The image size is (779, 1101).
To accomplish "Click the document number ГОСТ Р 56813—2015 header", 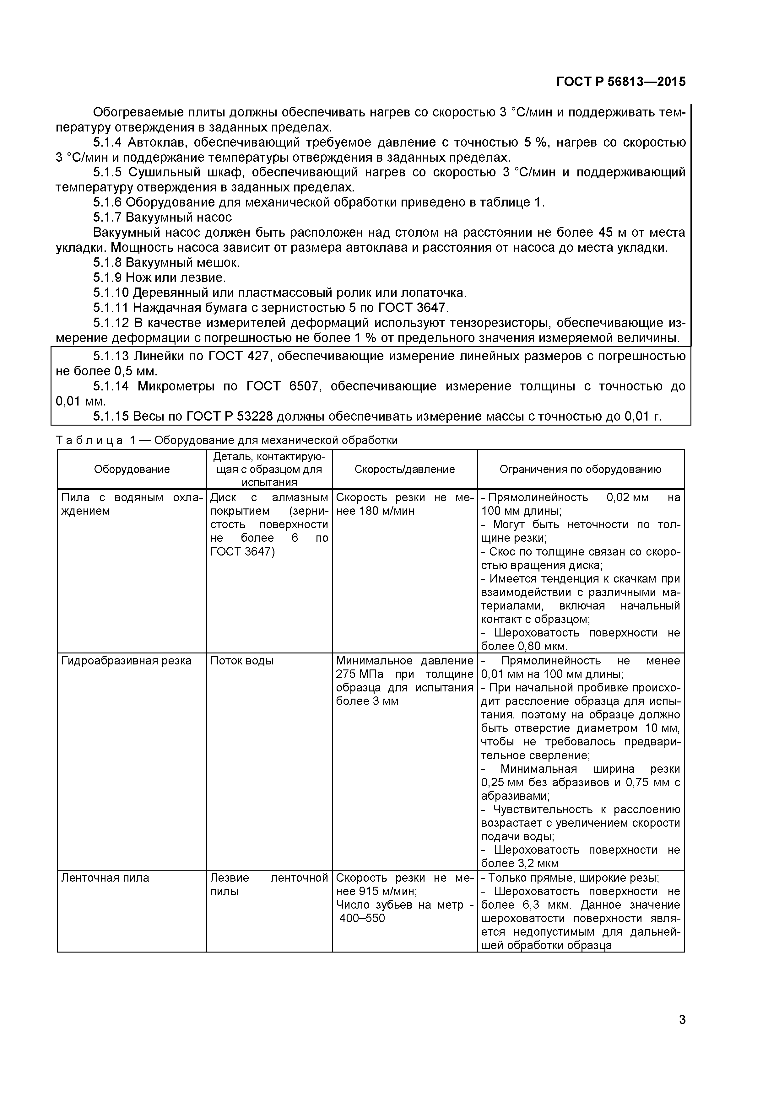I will tap(621, 82).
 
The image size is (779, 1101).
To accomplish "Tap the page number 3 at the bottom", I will tap(682, 1033).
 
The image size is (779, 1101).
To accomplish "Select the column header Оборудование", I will tap(132, 469).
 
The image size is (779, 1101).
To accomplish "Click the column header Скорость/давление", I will tap(404, 469).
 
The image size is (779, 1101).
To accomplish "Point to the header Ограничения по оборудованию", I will tap(581, 469).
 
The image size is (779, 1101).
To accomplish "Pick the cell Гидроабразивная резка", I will tap(126, 661).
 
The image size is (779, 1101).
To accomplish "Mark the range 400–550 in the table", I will tap(362, 918).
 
